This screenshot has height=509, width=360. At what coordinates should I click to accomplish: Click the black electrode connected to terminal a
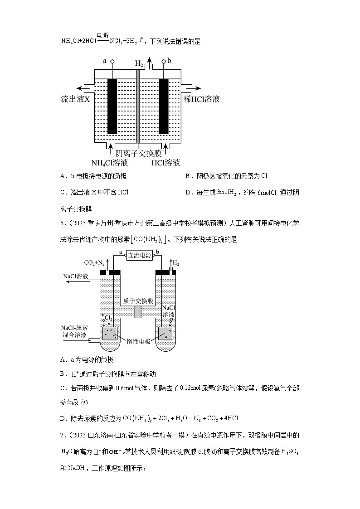(x=112, y=106)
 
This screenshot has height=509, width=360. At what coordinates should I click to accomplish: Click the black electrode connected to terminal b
(x=164, y=106)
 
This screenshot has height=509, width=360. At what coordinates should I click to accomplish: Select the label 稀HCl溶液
(x=202, y=99)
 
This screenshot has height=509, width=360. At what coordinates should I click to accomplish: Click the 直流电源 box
(x=140, y=256)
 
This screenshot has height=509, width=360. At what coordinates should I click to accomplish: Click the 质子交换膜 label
(x=138, y=301)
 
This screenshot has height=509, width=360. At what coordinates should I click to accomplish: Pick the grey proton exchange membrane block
(x=138, y=312)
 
